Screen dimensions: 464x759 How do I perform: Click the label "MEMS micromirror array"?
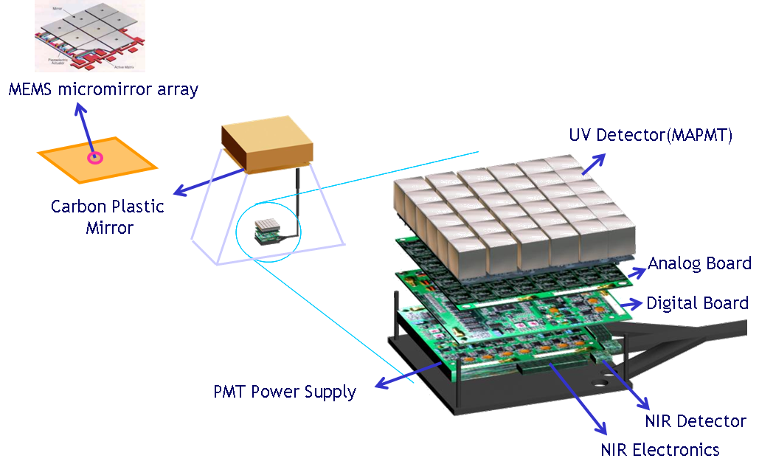pyautogui.click(x=103, y=90)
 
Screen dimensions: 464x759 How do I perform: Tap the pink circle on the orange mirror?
pyautogui.click(x=94, y=157)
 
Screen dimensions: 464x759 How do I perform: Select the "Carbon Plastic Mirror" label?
pyautogui.click(x=108, y=216)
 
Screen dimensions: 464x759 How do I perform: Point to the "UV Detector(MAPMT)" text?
pyautogui.click(x=650, y=135)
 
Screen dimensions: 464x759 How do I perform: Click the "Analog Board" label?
pyautogui.click(x=699, y=263)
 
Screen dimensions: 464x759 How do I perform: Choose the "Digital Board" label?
pyautogui.click(x=697, y=302)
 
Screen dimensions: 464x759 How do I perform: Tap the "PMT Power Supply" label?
pyautogui.click(x=285, y=391)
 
